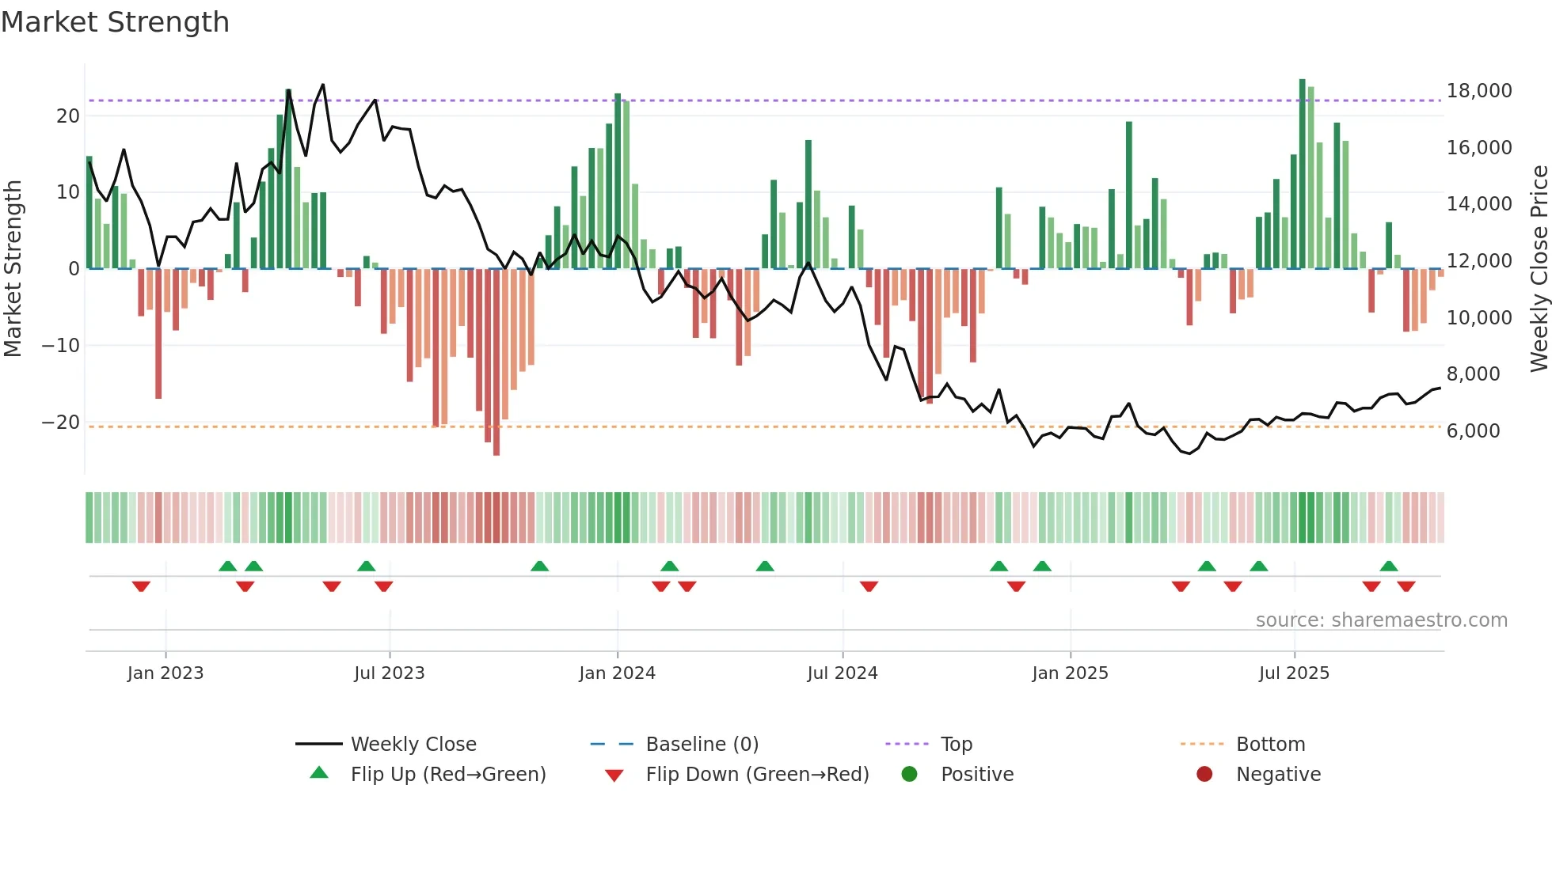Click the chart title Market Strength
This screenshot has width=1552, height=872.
115,22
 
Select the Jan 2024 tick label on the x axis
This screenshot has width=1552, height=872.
617,673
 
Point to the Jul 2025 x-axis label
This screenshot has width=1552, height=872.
1294,673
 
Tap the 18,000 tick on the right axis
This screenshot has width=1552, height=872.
1478,91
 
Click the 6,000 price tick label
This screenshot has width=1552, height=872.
1473,431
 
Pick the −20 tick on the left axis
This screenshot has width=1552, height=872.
61,423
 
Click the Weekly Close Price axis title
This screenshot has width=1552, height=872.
1539,269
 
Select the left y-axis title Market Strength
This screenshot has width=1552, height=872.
13,269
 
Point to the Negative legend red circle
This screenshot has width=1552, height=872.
1204,774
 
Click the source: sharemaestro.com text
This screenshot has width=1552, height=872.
1381,620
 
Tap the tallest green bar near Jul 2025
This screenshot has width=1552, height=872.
1303,174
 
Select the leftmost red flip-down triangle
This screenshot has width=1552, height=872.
141,586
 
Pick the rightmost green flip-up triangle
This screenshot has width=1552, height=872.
1388,566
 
